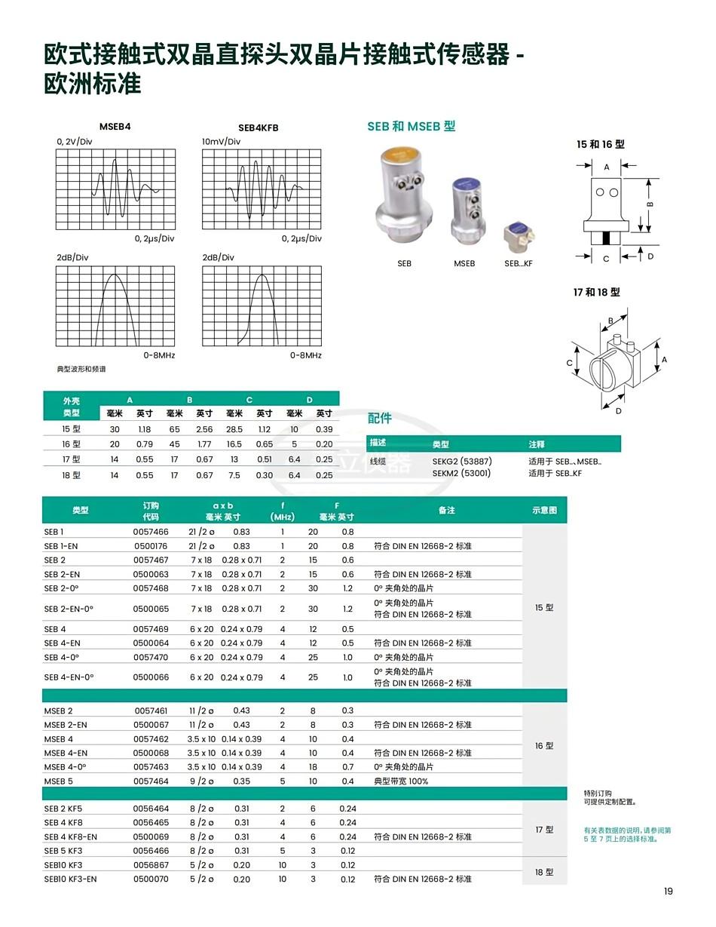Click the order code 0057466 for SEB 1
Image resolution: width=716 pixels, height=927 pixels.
click(151, 532)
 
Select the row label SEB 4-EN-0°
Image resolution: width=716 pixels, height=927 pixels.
click(69, 677)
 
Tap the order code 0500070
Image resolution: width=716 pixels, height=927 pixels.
click(151, 879)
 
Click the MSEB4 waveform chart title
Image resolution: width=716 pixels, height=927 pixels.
click(115, 127)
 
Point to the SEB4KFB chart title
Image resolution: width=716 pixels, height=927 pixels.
click(259, 128)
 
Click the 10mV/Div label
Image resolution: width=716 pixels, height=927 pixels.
click(221, 141)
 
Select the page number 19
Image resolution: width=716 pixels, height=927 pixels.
click(668, 892)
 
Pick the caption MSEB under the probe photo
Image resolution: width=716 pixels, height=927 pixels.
click(464, 264)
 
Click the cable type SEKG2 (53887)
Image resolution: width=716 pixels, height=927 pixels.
click(462, 461)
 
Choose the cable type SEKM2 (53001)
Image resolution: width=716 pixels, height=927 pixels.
click(461, 473)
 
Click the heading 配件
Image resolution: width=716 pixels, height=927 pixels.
click(380, 418)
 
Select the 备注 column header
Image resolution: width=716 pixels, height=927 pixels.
click(447, 511)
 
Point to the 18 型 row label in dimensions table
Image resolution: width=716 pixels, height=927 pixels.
click(71, 475)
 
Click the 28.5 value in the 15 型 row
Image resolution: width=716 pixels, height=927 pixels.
click(234, 429)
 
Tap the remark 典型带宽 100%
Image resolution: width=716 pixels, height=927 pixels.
click(401, 781)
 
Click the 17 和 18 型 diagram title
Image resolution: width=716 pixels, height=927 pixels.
click(596, 293)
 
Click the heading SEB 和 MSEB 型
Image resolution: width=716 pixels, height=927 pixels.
click(412, 127)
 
